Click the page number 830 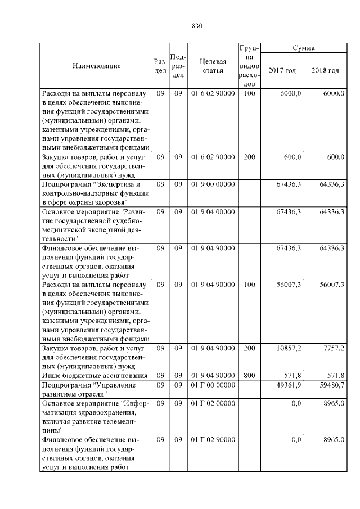pos(197,26)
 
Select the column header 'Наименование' pos(97,66)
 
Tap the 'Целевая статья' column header pos(213,66)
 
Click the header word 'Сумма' pos(304,48)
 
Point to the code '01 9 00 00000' pos(213,184)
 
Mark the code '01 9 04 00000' pos(213,211)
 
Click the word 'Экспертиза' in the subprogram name pos(116,184)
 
